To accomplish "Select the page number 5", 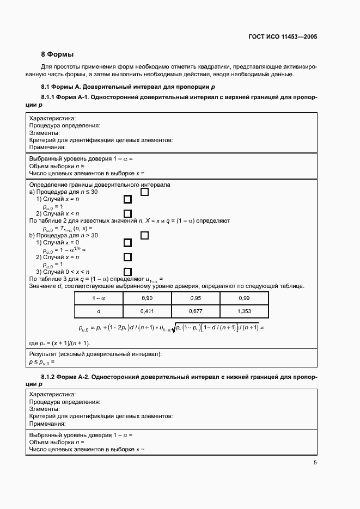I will (x=315, y=463).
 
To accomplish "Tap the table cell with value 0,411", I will (x=147, y=311).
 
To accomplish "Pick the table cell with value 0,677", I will (x=196, y=311).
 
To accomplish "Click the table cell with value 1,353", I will (x=244, y=311).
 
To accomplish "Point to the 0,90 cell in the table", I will (x=147, y=298).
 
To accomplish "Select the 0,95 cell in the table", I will (x=196, y=298).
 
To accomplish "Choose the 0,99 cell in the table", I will (x=244, y=298).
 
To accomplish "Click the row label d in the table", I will (x=99, y=311).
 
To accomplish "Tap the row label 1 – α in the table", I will (x=99, y=298).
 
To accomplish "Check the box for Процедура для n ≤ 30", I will (x=145, y=192).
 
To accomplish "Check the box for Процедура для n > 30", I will (x=145, y=235).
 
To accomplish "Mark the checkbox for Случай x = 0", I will (x=128, y=243).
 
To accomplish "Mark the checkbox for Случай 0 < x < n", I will (x=128, y=271).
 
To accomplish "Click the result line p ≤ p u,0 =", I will (x=42, y=361).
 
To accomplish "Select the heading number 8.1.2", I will (x=51, y=377).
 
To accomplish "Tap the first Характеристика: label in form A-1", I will (x=52, y=118).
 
